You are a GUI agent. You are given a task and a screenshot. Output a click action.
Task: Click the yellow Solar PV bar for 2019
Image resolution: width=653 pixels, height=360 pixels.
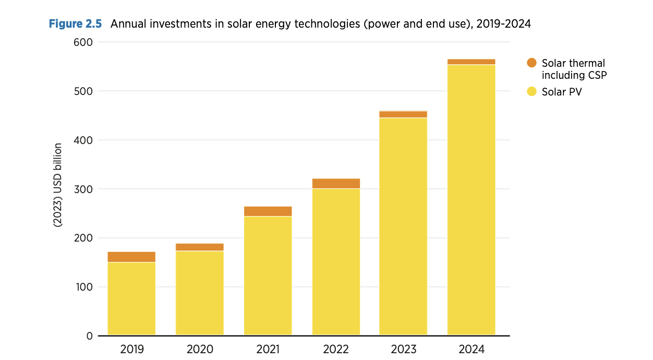(x=131, y=298)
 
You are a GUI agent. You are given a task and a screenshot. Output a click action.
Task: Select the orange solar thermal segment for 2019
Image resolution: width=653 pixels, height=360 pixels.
(x=131, y=257)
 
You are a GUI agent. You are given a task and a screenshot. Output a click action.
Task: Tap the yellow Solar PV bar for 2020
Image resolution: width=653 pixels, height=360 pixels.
(x=200, y=293)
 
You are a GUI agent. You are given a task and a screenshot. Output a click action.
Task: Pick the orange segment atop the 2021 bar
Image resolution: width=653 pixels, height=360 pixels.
(x=268, y=211)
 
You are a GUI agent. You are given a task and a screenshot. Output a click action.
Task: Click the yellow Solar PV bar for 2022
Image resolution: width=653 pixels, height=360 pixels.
(x=336, y=261)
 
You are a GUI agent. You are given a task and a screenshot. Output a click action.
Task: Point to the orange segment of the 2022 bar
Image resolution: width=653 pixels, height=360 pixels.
(x=336, y=183)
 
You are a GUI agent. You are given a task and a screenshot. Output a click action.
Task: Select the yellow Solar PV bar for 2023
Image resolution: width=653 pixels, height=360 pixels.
(x=403, y=226)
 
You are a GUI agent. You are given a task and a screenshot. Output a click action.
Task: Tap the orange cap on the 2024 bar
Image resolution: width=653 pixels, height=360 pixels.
(x=471, y=62)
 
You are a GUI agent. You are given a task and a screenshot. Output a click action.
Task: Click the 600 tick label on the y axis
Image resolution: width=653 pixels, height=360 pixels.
(x=83, y=42)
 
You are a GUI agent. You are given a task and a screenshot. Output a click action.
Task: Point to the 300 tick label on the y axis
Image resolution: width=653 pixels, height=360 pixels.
(x=83, y=189)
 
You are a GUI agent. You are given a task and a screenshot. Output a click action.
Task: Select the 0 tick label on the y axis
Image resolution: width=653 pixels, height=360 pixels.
(x=89, y=336)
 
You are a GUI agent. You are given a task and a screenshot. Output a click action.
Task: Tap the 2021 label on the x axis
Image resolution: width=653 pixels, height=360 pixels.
(x=268, y=349)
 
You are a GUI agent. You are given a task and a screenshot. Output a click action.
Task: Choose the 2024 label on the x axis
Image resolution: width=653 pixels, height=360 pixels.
(x=471, y=349)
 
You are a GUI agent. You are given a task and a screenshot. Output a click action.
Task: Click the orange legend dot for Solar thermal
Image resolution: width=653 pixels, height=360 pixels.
(x=531, y=63)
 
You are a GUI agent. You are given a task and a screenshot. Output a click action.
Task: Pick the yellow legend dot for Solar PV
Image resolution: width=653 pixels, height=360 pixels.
(x=531, y=92)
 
